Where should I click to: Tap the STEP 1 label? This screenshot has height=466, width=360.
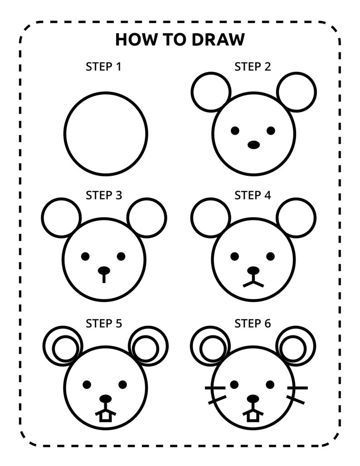tap(104, 67)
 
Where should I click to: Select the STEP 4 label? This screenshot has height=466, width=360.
tap(253, 195)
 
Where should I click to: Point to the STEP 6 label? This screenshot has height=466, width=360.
tap(253, 324)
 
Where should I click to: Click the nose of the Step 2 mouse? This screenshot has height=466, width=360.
tap(253, 145)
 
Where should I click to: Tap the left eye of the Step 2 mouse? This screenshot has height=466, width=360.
tap(235, 131)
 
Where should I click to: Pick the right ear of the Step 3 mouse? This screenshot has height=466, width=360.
tap(147, 218)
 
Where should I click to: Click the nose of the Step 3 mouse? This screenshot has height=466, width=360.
tap(104, 271)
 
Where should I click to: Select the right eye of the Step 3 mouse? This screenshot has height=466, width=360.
tap(121, 256)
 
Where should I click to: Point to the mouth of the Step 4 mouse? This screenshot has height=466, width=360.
tap(253, 283)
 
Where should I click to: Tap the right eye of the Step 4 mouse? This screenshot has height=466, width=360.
tap(271, 257)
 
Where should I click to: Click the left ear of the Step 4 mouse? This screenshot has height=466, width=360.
tap(211, 218)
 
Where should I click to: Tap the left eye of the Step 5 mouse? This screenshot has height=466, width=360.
tap(87, 384)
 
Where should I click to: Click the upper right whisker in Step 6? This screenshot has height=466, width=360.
tap(297, 388)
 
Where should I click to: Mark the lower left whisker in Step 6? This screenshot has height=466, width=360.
tap(217, 400)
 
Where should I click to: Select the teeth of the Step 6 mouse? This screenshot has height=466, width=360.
tap(253, 416)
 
